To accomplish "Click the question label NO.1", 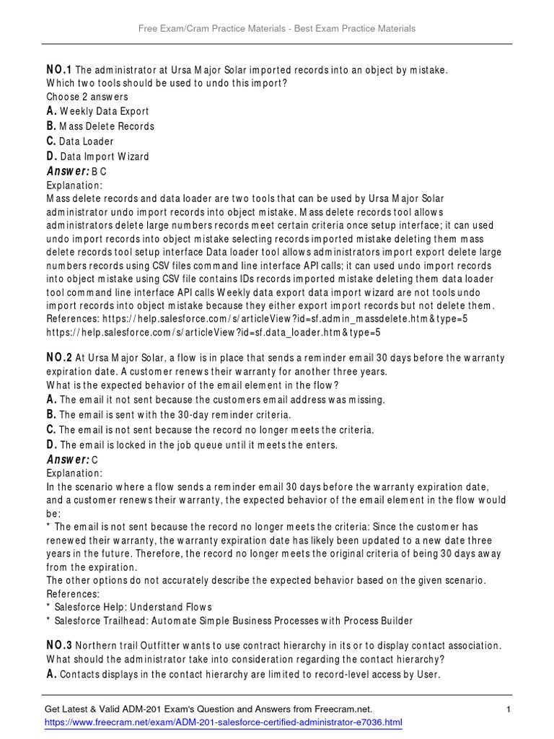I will click(x=59, y=70).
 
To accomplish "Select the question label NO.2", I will click(x=59, y=358).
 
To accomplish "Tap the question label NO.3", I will click(x=59, y=645).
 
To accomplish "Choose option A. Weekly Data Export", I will click(x=98, y=111).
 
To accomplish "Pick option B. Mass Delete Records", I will click(x=100, y=126).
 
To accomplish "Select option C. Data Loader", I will click(x=80, y=141).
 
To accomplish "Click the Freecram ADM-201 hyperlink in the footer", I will click(x=224, y=722).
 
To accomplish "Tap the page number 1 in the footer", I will click(x=508, y=710).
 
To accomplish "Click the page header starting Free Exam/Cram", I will click(x=277, y=28).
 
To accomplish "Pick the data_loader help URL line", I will click(x=213, y=333).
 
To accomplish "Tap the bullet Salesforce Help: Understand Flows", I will click(x=129, y=607).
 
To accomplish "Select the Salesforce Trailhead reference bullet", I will click(x=230, y=621).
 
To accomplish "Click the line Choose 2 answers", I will click(x=87, y=97).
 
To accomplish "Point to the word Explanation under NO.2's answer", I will click(x=75, y=473).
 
